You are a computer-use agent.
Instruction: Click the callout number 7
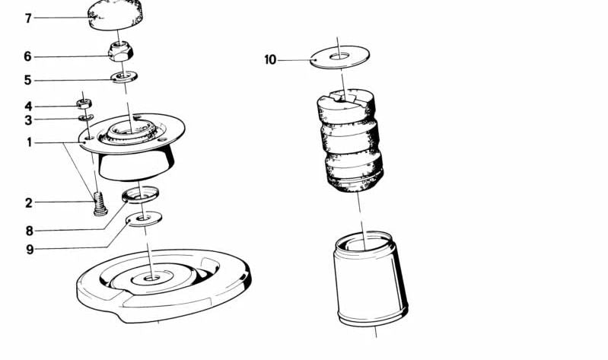click(28, 18)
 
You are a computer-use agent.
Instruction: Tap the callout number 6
click(27, 56)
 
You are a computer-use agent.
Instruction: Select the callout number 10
click(270, 60)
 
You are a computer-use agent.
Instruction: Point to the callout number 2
click(28, 202)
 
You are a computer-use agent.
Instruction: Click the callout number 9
click(30, 250)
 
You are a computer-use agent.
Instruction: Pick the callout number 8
click(30, 231)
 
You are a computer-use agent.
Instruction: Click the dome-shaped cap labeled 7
click(116, 14)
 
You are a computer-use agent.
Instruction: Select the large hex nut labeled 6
click(120, 52)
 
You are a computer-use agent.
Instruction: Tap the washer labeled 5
click(124, 76)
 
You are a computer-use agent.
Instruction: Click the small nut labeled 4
click(84, 104)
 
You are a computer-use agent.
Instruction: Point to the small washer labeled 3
click(86, 117)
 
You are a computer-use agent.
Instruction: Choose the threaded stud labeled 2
click(100, 204)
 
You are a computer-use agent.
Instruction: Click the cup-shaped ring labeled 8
click(140, 195)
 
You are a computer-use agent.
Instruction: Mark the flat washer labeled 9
click(145, 218)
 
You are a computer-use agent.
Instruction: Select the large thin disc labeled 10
click(339, 57)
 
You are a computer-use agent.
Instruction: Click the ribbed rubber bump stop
click(351, 141)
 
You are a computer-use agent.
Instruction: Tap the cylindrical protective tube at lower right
click(370, 279)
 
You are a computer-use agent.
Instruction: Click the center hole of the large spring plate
click(151, 278)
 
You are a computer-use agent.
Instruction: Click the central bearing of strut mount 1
click(131, 130)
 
